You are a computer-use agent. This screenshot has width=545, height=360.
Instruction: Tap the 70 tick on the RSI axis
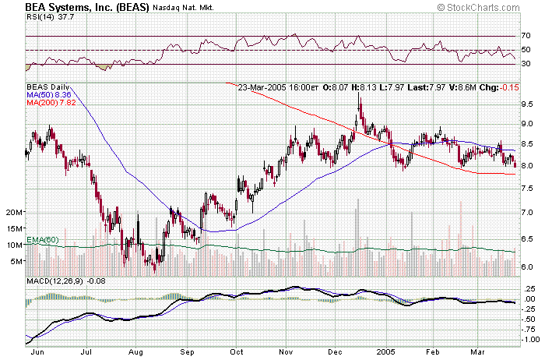[526, 36]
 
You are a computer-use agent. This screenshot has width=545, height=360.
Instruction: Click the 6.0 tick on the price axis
[527, 266]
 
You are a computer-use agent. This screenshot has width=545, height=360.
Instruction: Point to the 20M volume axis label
[13, 212]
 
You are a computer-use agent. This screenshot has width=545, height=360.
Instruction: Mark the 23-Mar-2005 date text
[265, 87]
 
